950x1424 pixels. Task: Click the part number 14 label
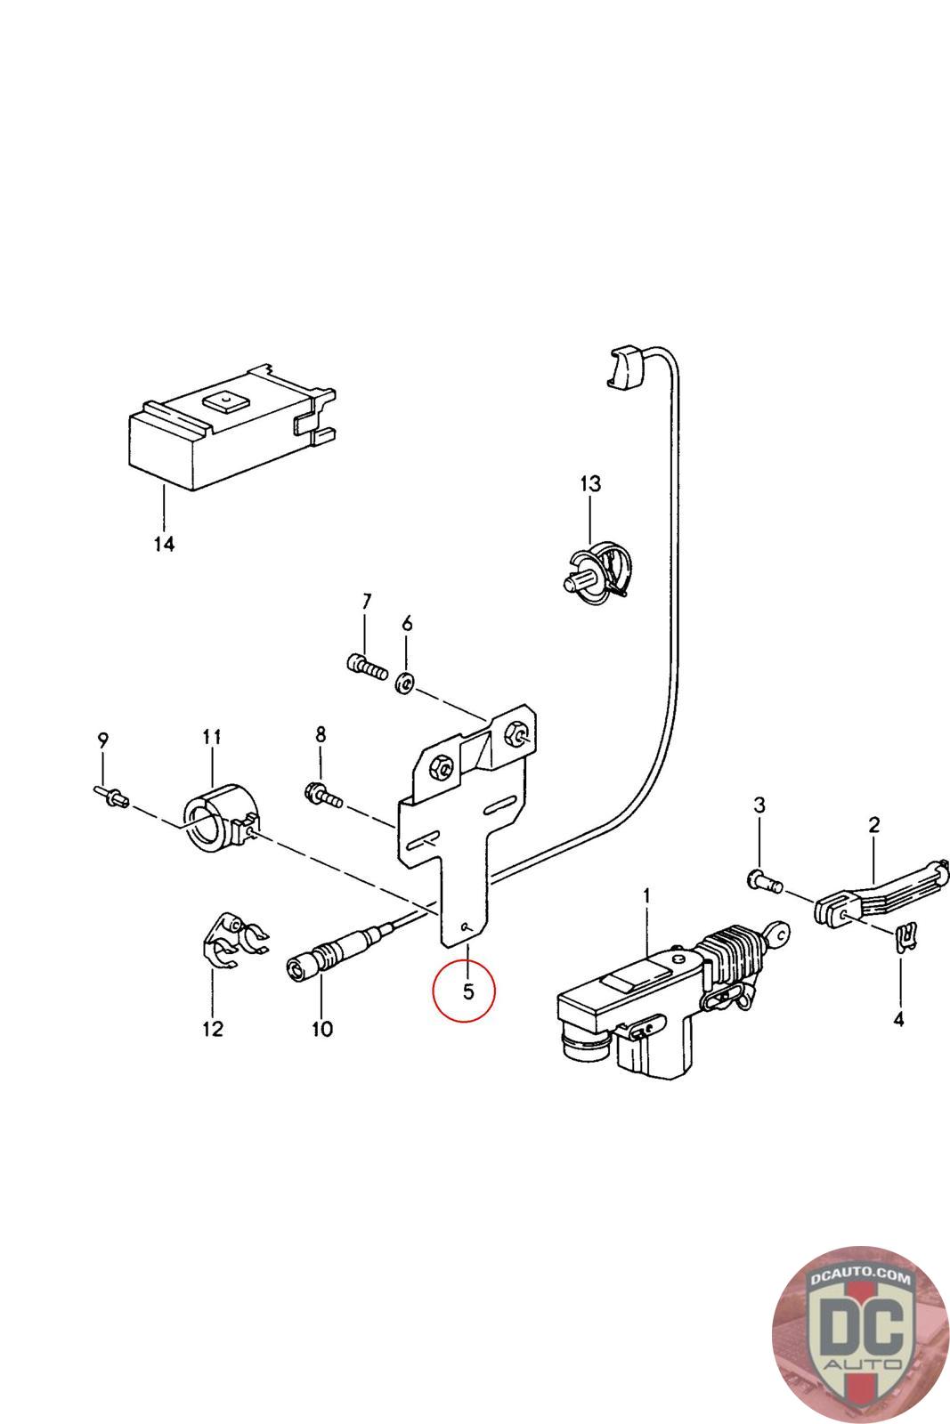(x=164, y=543)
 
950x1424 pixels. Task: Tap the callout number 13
(x=590, y=484)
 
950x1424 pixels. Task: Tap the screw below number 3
(x=763, y=882)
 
